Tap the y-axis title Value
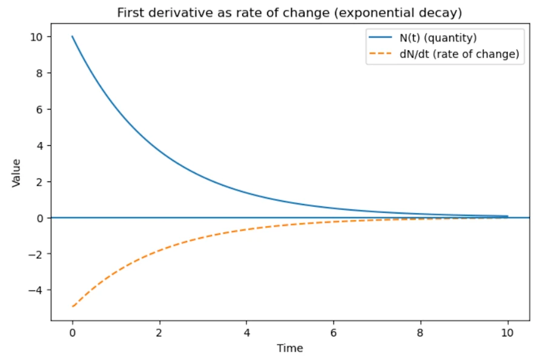point(16,172)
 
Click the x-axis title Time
point(290,348)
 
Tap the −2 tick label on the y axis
point(36,254)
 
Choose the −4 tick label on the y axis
point(36,290)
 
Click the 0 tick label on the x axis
point(73,333)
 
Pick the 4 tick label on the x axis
point(246,333)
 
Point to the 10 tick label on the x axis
point(507,333)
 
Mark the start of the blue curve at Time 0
point(73,37)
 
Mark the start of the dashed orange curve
point(73,307)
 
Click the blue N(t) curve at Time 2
point(160,151)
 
